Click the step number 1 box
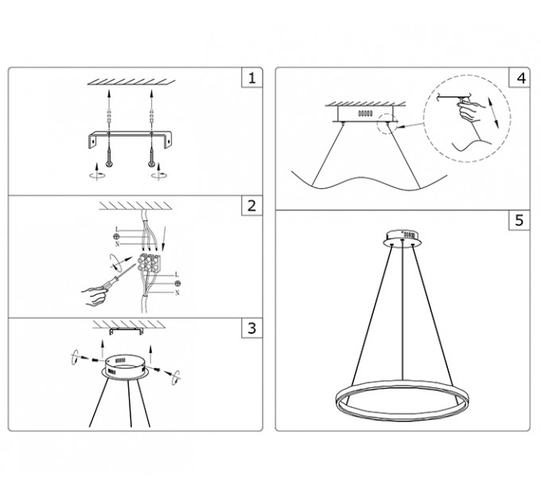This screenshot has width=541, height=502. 252,78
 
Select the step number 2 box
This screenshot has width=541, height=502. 252,206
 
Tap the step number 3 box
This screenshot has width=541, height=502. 252,327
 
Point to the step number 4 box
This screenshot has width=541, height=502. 520,78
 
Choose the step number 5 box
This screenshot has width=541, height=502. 520,220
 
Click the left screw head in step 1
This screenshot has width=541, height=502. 109,163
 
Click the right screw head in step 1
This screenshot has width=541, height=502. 151,163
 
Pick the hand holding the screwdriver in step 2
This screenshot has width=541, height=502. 95,296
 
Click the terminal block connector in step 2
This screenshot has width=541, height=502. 150,263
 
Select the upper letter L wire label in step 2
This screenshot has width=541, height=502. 117,229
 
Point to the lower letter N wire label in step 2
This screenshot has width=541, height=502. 177,293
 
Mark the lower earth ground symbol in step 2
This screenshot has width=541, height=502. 177,284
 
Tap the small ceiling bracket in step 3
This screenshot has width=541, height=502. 126,331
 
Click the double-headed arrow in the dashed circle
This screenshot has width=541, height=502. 493,112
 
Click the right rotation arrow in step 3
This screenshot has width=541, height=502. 177,377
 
